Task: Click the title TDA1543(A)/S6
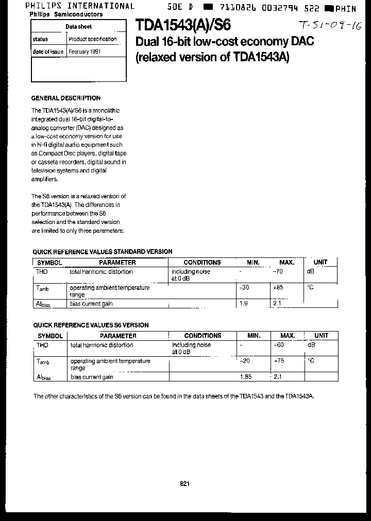point(183,25)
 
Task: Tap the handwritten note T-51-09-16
point(330,26)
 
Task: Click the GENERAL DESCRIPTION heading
point(66,98)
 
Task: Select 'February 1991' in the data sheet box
point(85,52)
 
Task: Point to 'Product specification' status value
point(93,39)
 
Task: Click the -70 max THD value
point(277,271)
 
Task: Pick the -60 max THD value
point(278,345)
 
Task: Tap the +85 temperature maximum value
point(278,287)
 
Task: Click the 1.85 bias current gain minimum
point(246,377)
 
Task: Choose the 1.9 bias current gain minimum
point(244,304)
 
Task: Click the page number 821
point(185,483)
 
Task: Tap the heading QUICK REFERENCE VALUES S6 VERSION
point(91,325)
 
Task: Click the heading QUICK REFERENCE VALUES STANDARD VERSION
point(102,252)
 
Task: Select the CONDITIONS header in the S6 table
point(203,336)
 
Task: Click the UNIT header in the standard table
point(320,262)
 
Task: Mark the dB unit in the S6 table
point(311,345)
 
